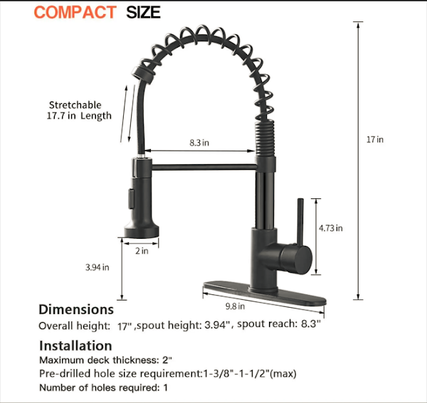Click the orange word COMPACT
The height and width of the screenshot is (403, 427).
click(75, 13)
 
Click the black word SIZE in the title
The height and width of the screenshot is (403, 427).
click(143, 13)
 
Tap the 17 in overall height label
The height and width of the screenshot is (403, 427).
click(375, 139)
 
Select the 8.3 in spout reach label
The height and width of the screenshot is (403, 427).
click(199, 143)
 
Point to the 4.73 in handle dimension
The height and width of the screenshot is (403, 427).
click(331, 228)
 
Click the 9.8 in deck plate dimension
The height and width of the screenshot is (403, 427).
click(235, 306)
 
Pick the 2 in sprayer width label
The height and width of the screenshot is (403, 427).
click(142, 251)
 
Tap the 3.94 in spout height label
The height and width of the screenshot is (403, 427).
click(97, 267)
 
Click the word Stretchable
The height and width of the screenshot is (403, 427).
click(75, 105)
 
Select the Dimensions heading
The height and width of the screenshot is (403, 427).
click(76, 309)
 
